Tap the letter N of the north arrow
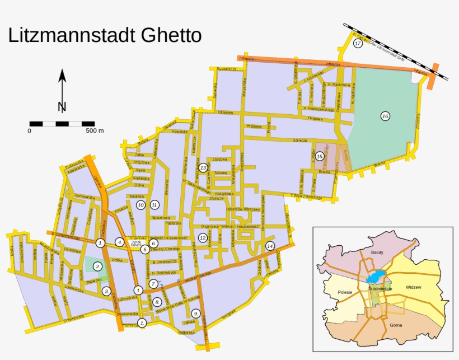pyautogui.click(x=62, y=107)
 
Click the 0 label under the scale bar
pyautogui.click(x=29, y=131)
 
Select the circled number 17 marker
pyautogui.click(x=358, y=43)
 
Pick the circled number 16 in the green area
pyautogui.click(x=385, y=116)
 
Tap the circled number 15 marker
pyautogui.click(x=320, y=156)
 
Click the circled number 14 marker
pyautogui.click(x=270, y=246)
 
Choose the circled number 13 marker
pyautogui.click(x=203, y=167)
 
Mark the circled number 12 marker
pyautogui.click(x=203, y=238)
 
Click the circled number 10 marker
pyautogui.click(x=140, y=205)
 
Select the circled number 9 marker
pyautogui.click(x=195, y=313)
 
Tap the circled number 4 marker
pyautogui.click(x=119, y=242)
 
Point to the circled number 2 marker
pyautogui.click(x=98, y=267)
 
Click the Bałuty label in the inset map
pyautogui.click(x=377, y=253)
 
